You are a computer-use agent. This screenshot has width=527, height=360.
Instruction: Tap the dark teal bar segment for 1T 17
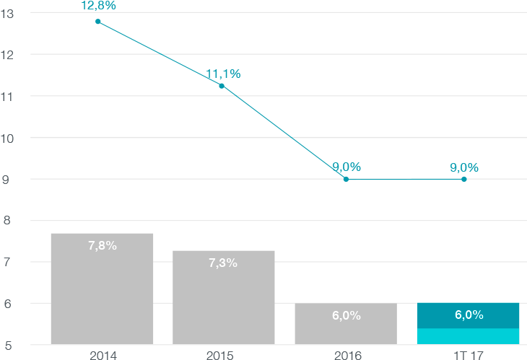[468, 315]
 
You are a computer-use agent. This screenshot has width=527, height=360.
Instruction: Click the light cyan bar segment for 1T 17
[468, 336]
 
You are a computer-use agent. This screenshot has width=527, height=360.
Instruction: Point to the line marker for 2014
[98, 21]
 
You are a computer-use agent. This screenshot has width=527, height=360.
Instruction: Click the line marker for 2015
[222, 86]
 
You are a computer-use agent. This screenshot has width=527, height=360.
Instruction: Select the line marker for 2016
[346, 179]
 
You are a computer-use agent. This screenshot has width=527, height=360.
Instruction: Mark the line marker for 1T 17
[464, 179]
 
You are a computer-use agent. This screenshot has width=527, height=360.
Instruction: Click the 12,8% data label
[98, 6]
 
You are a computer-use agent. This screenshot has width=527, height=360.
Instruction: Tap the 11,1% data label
[223, 74]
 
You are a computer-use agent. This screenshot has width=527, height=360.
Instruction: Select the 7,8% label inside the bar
[102, 245]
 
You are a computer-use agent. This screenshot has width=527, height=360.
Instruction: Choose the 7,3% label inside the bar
[223, 263]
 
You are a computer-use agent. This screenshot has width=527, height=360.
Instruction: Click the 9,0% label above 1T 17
[464, 167]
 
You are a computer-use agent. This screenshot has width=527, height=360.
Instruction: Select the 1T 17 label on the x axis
[468, 354]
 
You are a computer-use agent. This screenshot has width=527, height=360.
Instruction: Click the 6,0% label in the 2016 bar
[346, 315]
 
